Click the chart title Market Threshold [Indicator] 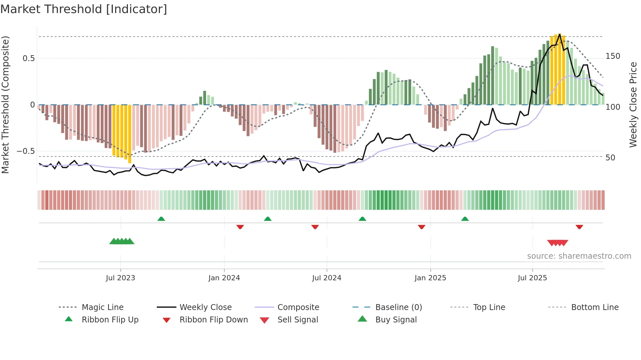pos(84,9)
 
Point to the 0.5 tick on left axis pos(28,58)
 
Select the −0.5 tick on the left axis pos(26,151)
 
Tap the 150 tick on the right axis pos(613,56)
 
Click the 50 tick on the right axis pos(610,158)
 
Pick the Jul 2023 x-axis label pos(120,278)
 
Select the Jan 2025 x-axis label pos(430,278)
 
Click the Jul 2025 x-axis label pos(532,278)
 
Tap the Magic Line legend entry pos(102,307)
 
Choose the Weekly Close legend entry pos(205,307)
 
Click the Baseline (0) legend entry pos(398,307)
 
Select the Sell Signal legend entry pos(297,320)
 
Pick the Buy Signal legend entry pos(396,320)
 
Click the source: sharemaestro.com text pos(579,256)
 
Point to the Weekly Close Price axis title pos(633,105)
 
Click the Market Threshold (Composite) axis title pos(5,105)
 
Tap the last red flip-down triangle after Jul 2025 pos(579,227)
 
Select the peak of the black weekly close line pos(560,34)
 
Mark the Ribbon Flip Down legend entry pos(213,320)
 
